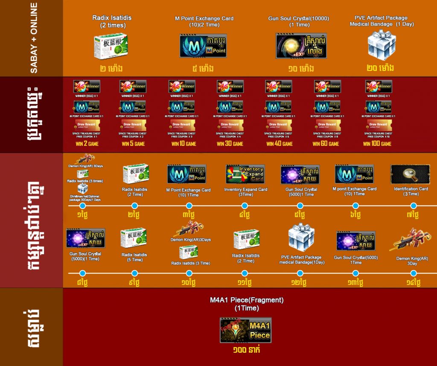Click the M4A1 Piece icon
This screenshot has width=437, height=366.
click(245, 330)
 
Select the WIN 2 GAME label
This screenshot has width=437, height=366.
click(87, 144)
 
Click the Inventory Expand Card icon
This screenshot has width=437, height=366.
click(245, 174)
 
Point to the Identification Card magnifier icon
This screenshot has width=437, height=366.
click(410, 174)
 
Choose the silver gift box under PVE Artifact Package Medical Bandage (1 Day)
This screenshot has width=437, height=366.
click(382, 44)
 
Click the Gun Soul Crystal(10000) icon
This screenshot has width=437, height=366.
click(301, 46)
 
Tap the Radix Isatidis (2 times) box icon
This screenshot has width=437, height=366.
click(111, 45)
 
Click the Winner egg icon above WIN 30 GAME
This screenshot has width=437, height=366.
click(230, 87)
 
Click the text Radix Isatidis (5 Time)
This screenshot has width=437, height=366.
click(135, 257)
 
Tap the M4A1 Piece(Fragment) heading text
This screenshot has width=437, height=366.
click(247, 304)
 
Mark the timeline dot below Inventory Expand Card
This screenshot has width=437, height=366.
click(245, 206)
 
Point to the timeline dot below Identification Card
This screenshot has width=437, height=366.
click(413, 206)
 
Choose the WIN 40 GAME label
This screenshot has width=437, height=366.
click(280, 144)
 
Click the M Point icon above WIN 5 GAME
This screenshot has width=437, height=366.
click(133, 107)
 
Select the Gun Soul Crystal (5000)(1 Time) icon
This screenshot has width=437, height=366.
click(85, 238)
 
